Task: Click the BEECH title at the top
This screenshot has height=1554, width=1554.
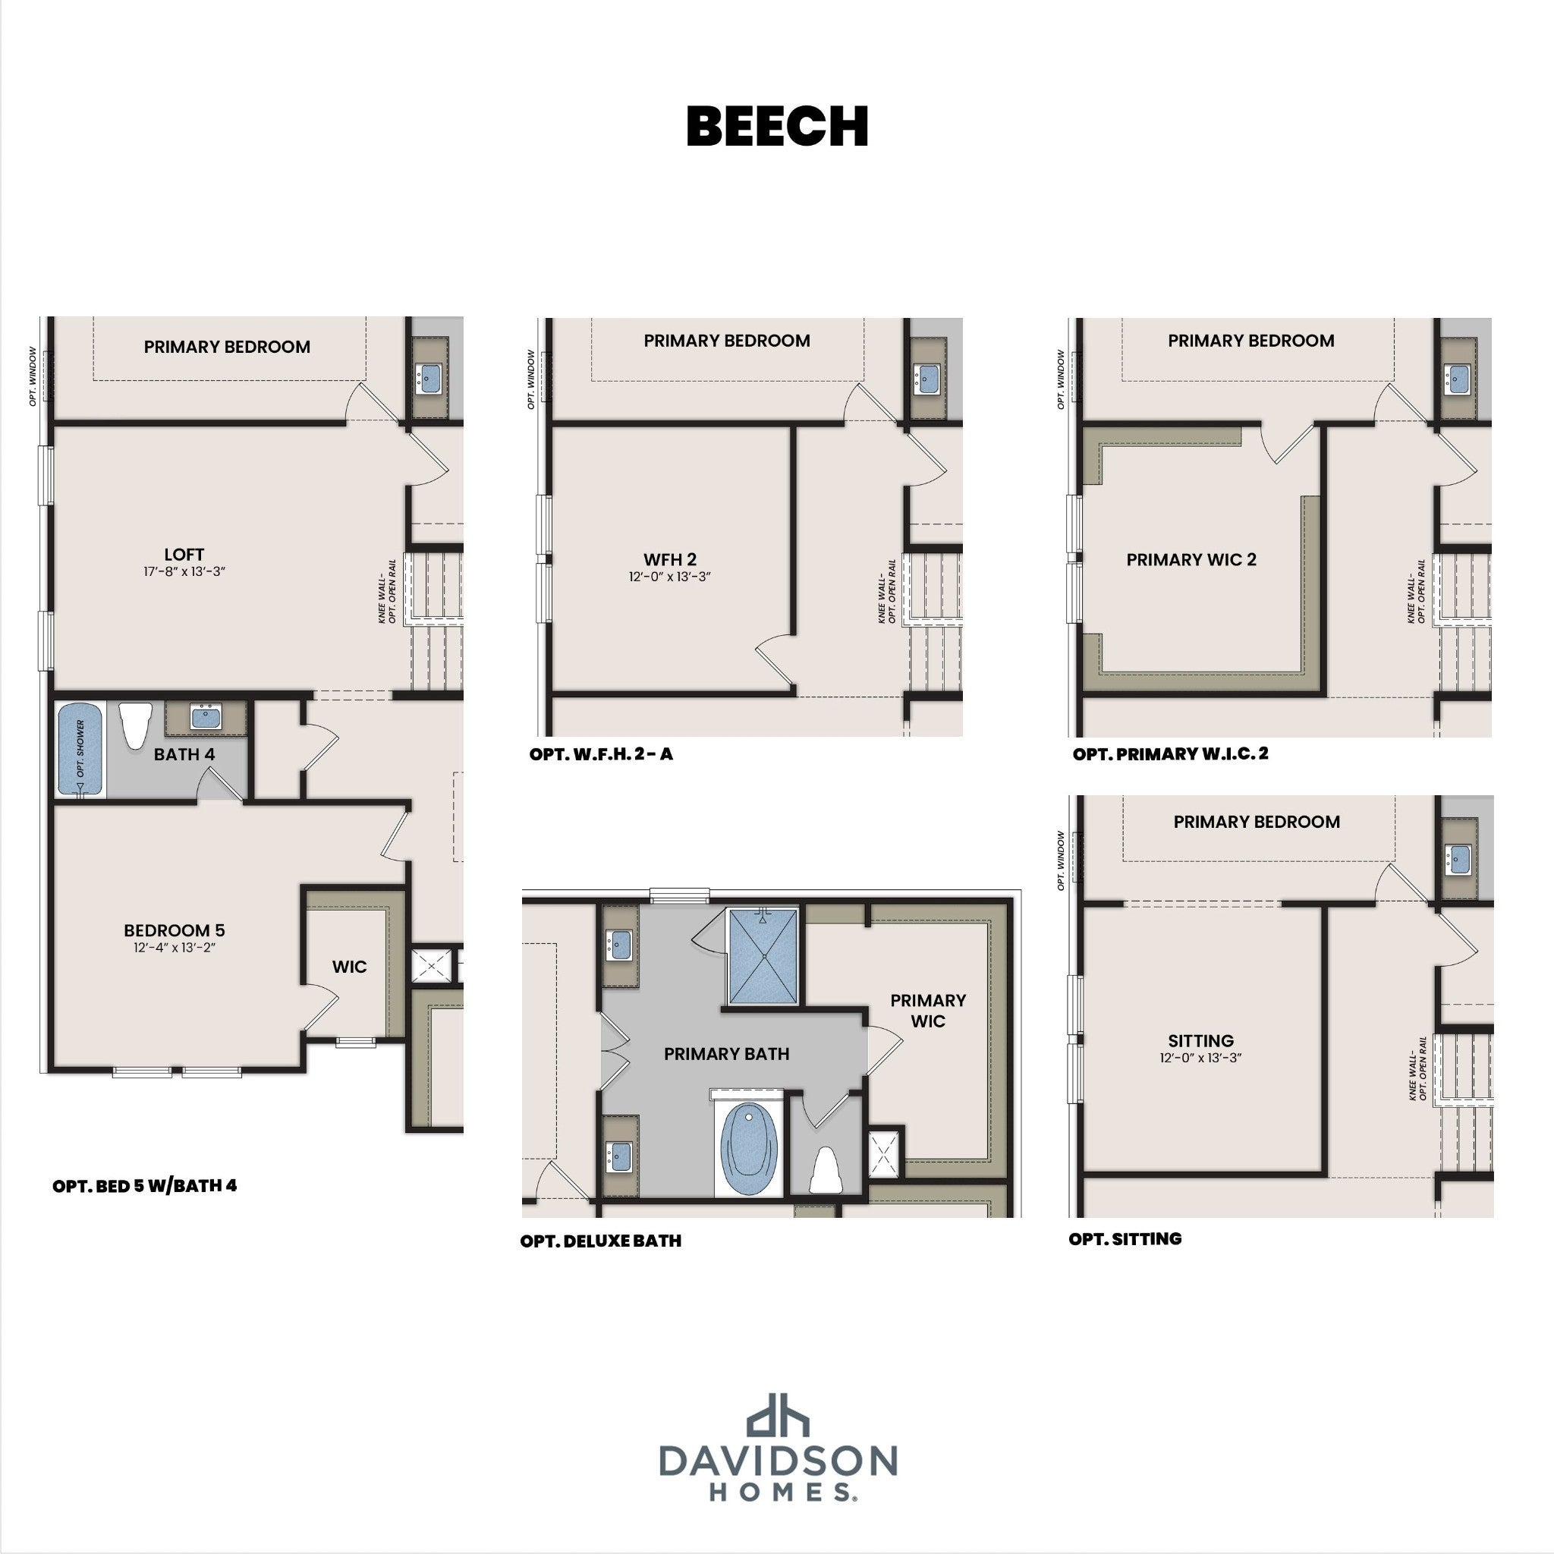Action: [777, 126]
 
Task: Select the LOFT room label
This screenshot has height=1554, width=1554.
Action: [184, 554]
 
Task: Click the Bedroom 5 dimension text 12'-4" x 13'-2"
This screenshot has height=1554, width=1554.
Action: [175, 948]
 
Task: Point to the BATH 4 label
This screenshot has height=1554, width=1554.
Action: [184, 754]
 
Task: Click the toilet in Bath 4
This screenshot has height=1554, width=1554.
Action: [135, 725]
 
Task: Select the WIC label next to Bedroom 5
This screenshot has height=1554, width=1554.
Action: [349, 967]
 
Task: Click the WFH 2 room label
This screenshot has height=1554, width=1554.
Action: [670, 560]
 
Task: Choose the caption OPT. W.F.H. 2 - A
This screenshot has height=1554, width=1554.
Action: [601, 754]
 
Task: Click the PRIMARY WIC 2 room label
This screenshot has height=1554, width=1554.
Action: [1191, 560]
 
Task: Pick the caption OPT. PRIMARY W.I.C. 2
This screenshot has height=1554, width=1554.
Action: [1170, 754]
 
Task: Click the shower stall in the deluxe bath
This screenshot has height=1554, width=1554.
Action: [763, 956]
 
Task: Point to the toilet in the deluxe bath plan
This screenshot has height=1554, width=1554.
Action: [826, 1170]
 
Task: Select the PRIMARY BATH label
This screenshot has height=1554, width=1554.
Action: [726, 1054]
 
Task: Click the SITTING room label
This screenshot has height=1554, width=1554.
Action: [1201, 1041]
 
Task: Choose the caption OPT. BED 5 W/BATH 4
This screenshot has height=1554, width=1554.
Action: [145, 1187]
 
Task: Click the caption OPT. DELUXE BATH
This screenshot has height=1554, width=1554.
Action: [601, 1241]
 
